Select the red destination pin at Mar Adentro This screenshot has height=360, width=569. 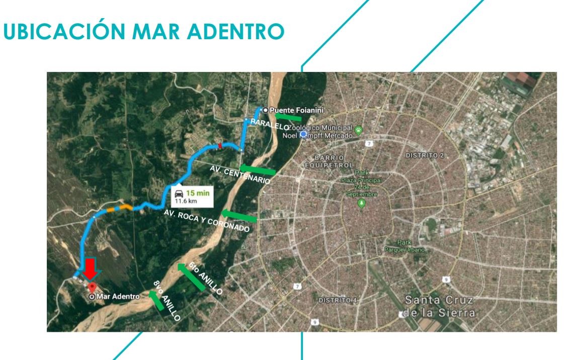(92, 288)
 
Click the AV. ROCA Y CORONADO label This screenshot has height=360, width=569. (206, 221)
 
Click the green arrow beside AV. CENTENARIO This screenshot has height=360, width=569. (258, 170)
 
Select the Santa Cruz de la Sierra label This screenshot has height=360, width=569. (438, 307)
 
